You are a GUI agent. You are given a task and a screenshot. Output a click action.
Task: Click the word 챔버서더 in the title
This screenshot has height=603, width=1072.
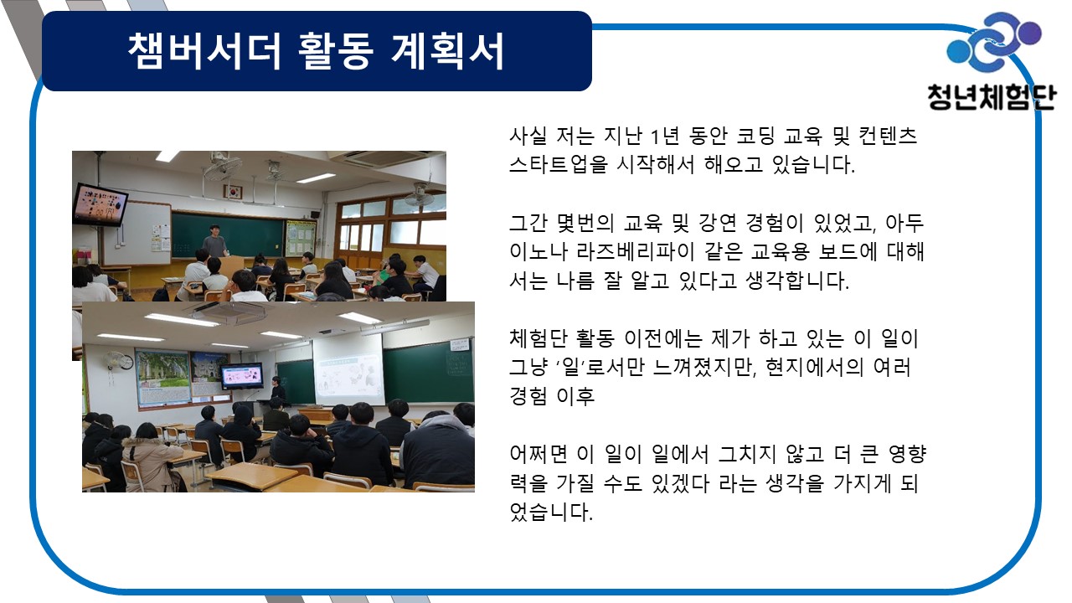204,52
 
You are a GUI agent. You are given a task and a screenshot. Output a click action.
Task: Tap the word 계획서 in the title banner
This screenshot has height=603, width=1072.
447,52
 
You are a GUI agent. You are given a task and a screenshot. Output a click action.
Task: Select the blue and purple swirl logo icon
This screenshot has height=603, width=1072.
994,42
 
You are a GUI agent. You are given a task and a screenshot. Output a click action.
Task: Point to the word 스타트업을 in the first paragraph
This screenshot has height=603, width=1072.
558,165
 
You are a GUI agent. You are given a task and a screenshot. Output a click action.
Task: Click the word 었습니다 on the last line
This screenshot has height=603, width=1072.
551,512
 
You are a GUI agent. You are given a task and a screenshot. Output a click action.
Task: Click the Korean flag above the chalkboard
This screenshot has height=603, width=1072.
233,192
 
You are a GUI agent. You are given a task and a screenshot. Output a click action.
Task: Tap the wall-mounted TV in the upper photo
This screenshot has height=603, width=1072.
100,204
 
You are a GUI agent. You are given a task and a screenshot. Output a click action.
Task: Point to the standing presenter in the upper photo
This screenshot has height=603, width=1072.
215,243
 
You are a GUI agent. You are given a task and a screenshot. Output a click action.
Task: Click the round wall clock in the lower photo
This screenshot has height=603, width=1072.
126,362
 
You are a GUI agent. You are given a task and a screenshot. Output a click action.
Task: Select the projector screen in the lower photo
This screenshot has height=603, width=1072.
348,369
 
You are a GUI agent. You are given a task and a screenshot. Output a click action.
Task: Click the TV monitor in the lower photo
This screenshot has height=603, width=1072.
242,375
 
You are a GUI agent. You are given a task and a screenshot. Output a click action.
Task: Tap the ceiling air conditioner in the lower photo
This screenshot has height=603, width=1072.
229,312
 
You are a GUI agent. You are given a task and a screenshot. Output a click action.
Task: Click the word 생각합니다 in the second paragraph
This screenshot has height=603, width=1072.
797,281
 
